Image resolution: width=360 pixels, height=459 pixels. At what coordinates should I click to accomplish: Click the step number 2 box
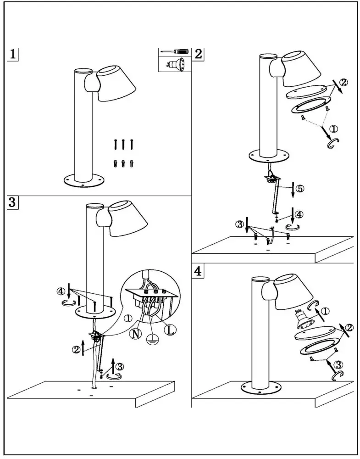pos(198,53)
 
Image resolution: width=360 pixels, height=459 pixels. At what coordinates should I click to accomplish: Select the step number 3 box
pos(13,202)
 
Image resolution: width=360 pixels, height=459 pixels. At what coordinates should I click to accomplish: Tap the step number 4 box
pos(198,271)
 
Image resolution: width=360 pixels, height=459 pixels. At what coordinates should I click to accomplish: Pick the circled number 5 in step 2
pos(299,188)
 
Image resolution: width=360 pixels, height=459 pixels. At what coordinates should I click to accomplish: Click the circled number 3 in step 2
pos(239,224)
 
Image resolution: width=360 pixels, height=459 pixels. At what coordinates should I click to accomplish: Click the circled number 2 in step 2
pos(344,83)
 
